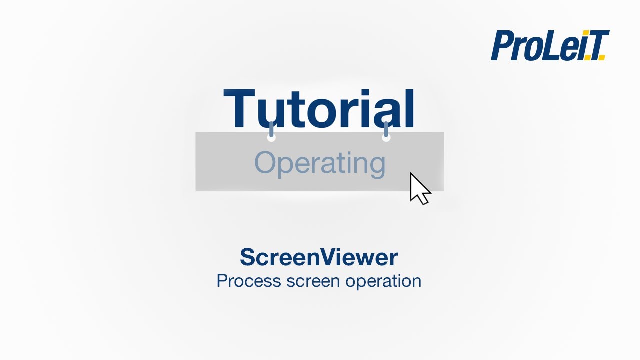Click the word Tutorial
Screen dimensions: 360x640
pos(319,109)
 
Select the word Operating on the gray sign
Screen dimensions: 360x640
pos(320,163)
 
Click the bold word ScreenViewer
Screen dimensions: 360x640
pos(319,257)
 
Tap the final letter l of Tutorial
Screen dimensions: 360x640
pos(410,109)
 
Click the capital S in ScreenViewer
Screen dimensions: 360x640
pos(247,257)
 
